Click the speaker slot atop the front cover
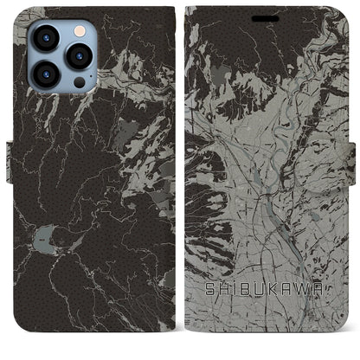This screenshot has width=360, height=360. pos(267,17)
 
